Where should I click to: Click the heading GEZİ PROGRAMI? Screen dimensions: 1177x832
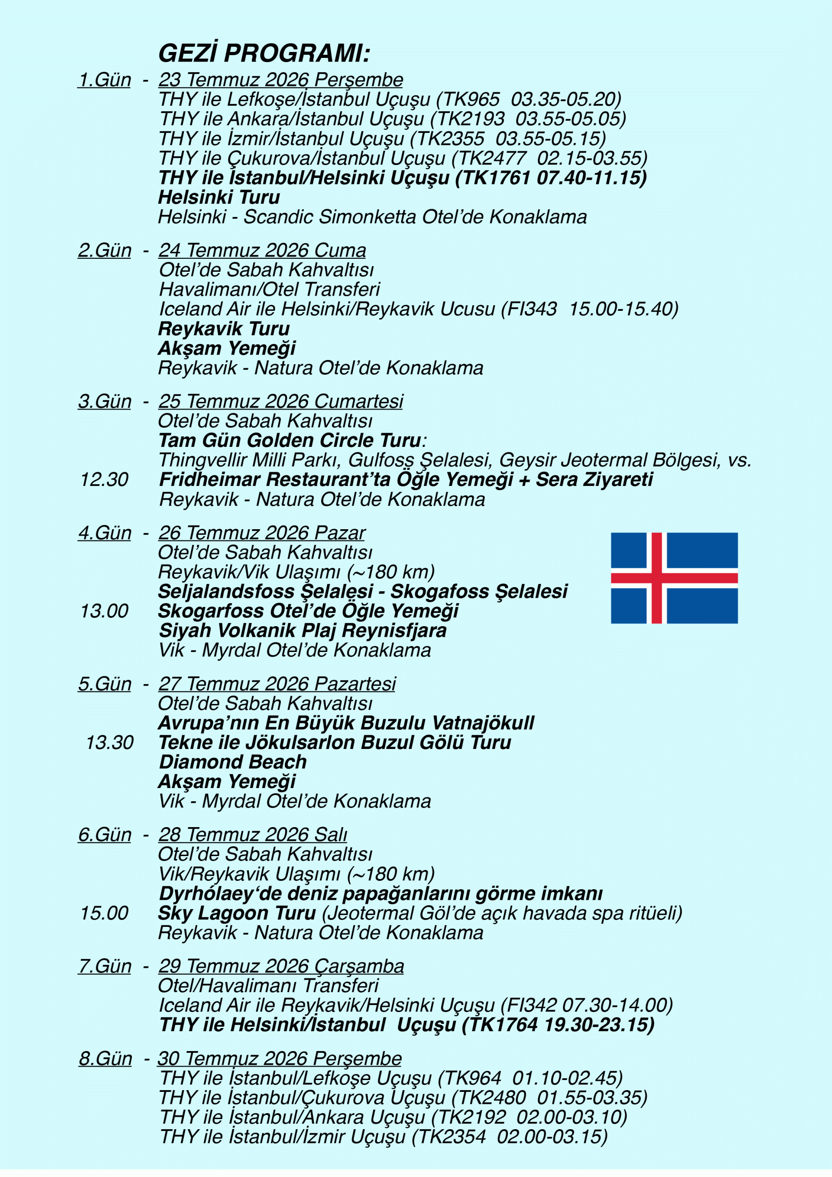(x=264, y=53)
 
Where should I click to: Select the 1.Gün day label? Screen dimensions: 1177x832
(x=105, y=80)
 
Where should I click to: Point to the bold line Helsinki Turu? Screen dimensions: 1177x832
(x=219, y=197)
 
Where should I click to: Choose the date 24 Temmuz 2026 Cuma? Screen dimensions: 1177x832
(x=262, y=251)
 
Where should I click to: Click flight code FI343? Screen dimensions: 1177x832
(x=531, y=309)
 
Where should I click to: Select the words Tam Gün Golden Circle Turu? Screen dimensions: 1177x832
(x=290, y=441)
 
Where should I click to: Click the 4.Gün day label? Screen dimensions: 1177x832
(x=105, y=533)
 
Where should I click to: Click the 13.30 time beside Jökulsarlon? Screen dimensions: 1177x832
(x=109, y=743)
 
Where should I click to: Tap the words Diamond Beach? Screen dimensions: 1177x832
(x=233, y=762)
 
